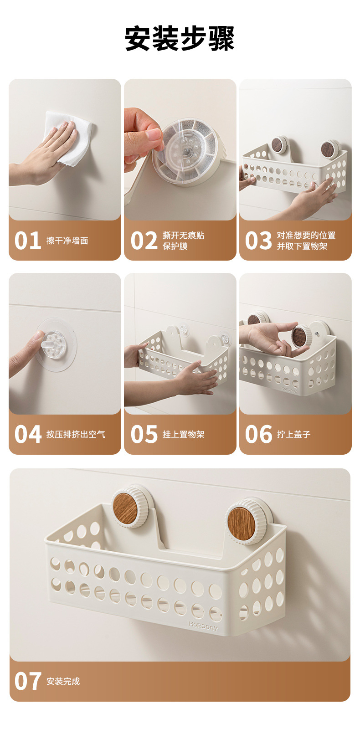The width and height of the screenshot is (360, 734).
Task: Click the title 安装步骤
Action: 180,39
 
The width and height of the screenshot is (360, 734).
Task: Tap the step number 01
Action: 27,241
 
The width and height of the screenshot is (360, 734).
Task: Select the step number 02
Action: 144,241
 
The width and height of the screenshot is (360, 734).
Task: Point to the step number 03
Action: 258,241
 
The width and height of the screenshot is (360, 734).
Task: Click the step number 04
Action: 28,434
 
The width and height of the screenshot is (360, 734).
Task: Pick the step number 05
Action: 144,434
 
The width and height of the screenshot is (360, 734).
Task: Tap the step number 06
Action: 258,434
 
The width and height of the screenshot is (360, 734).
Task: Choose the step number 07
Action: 27,681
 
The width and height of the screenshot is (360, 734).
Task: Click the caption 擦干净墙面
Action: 67,241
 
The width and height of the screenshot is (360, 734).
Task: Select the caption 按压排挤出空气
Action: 76,435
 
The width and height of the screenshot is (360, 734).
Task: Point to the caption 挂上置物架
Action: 184,435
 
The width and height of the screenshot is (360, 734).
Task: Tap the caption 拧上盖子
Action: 294,435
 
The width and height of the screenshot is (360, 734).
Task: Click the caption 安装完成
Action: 63,681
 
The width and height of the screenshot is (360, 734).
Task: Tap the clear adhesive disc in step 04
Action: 57,345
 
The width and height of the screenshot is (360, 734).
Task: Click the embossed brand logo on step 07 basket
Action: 203,626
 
